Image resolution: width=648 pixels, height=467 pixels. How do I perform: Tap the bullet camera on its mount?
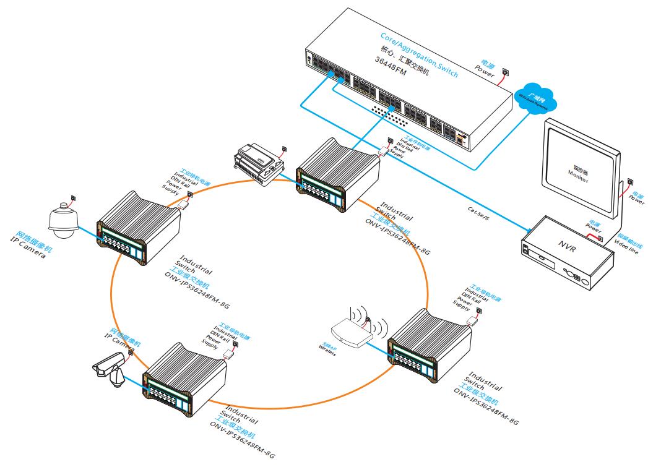click(x=110, y=370)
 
